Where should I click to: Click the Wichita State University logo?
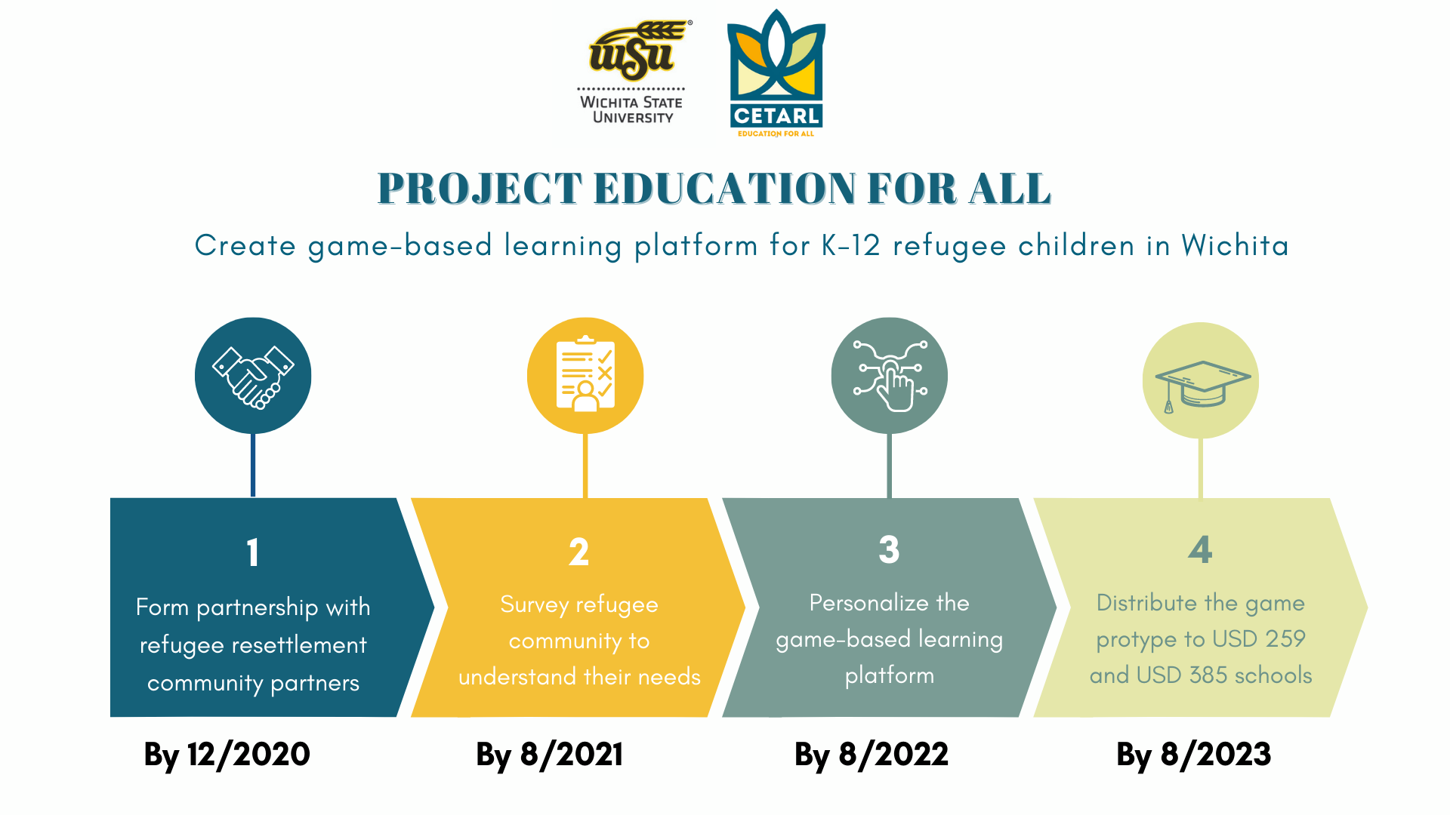tap(633, 72)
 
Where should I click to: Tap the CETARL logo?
tap(776, 72)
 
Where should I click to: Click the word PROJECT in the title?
tap(480, 189)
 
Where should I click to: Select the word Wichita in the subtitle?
tap(1235, 246)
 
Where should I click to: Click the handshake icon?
tap(253, 376)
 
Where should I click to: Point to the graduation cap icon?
tap(1201, 385)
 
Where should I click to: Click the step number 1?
tap(253, 552)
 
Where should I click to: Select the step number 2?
tap(579, 552)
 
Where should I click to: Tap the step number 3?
tap(890, 550)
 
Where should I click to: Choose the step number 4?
tap(1200, 550)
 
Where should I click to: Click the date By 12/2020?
tap(227, 755)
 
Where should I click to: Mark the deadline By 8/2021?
tap(550, 755)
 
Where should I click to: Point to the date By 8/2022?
tap(872, 755)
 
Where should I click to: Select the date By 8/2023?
tap(1194, 755)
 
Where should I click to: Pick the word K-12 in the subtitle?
tap(850, 246)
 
